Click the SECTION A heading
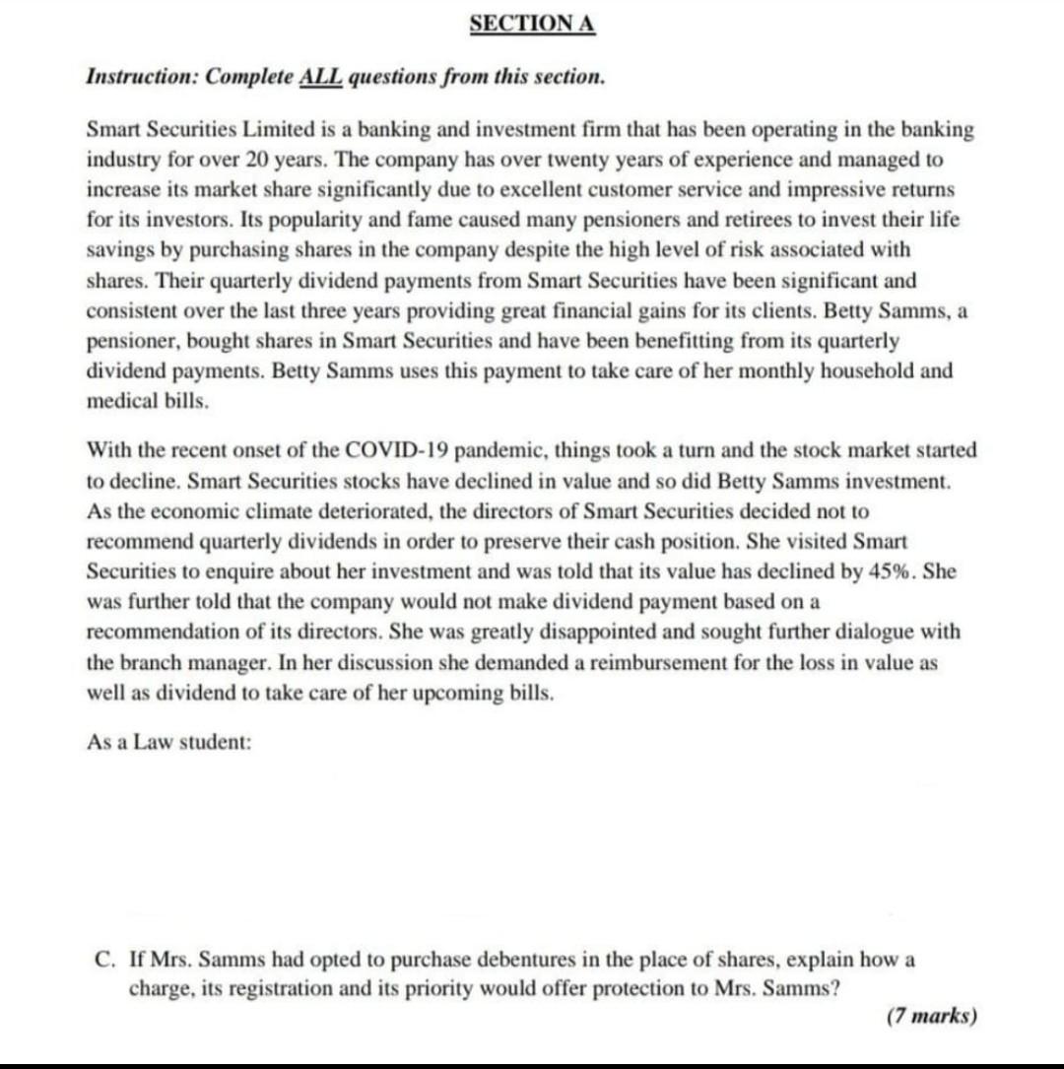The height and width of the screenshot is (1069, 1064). tap(532, 24)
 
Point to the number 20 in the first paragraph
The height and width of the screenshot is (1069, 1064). tap(243, 159)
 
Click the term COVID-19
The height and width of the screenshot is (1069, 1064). tap(398, 450)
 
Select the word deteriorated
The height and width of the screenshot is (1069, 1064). tap(376, 511)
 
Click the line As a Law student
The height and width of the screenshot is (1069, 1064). tap(169, 743)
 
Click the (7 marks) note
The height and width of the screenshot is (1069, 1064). tap(932, 1016)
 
